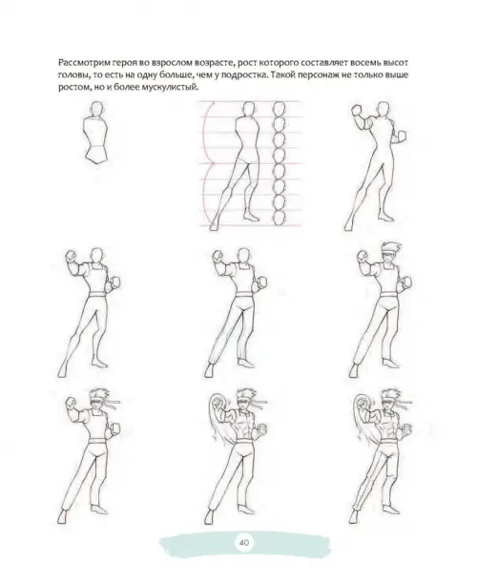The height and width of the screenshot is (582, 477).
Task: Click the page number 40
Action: point(244,543)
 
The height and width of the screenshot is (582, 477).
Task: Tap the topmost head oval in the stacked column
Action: point(280,109)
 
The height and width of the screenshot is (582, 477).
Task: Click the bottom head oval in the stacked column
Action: point(280,218)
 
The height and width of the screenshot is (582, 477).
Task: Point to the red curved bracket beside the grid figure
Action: point(208,163)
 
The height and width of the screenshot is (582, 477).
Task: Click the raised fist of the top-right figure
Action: point(357,111)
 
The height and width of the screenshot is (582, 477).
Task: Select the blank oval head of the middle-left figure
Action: point(97,256)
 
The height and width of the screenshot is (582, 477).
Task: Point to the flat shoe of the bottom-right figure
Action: point(392,509)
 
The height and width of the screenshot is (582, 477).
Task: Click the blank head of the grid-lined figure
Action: point(249,109)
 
